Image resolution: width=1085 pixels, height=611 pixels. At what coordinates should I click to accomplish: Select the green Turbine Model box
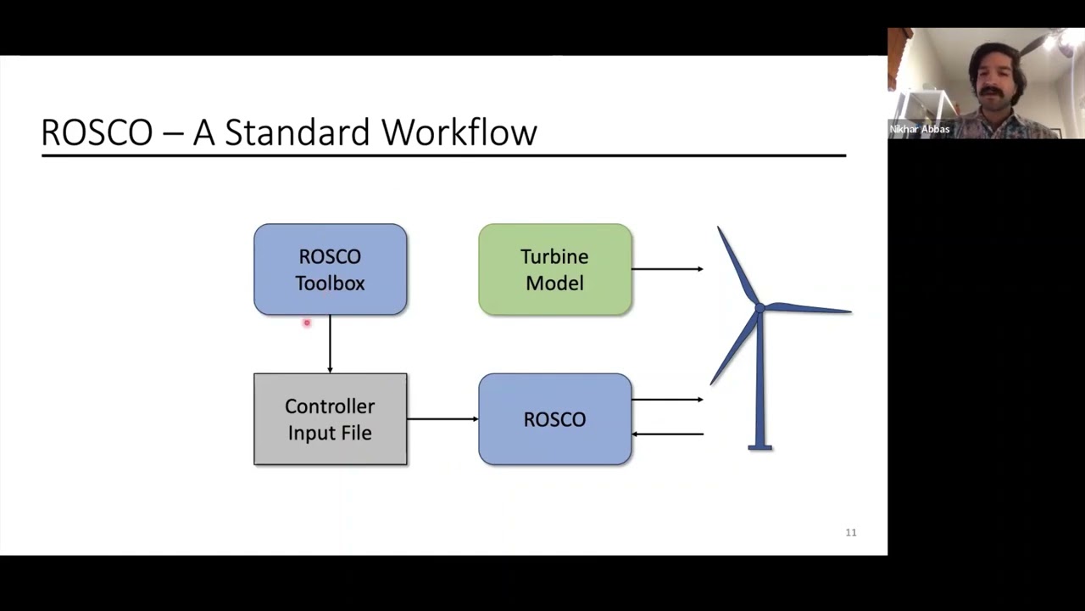pyautogui.click(x=554, y=269)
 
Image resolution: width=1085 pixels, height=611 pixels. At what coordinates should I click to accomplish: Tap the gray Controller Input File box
pyautogui.click(x=330, y=418)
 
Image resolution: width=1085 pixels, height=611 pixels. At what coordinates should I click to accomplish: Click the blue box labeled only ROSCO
pyautogui.click(x=554, y=418)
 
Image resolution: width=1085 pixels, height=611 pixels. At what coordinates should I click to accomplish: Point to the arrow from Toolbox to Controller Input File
pyautogui.click(x=330, y=345)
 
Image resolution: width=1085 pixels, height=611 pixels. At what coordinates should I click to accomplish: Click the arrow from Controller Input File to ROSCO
pyautogui.click(x=442, y=418)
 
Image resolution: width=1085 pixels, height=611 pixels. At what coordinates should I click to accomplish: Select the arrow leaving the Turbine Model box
pyautogui.click(x=667, y=269)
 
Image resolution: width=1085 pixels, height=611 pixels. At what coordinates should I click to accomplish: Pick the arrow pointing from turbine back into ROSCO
pyautogui.click(x=667, y=434)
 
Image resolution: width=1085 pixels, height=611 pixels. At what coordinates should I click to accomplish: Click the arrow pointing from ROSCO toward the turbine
pyautogui.click(x=667, y=399)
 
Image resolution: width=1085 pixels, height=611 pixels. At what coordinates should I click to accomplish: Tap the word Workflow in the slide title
pyautogui.click(x=459, y=132)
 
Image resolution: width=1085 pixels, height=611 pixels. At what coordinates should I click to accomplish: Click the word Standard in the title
pyautogui.click(x=298, y=132)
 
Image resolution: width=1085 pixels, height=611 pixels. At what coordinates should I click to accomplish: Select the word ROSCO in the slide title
pyautogui.click(x=97, y=132)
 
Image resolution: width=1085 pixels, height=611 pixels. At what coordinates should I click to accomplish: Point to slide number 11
pyautogui.click(x=851, y=533)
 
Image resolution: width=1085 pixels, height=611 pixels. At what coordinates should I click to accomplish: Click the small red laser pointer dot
pyautogui.click(x=307, y=322)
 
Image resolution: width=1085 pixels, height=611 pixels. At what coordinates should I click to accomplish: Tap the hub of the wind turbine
pyautogui.click(x=759, y=308)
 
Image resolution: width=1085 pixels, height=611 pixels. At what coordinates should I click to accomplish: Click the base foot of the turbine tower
pyautogui.click(x=759, y=446)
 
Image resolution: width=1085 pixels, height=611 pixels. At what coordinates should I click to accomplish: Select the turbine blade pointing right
pyautogui.click(x=810, y=309)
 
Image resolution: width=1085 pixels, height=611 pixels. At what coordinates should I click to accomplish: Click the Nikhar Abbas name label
pyautogui.click(x=920, y=130)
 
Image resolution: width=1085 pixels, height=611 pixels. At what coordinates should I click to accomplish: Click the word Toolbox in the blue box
pyautogui.click(x=330, y=283)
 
